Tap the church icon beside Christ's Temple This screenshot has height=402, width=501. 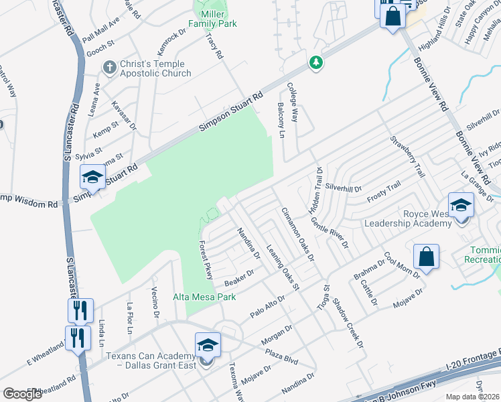(x=109, y=67)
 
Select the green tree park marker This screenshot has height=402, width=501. (x=315, y=62)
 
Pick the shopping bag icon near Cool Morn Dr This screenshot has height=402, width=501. (x=426, y=256)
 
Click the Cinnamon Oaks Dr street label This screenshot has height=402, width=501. (x=297, y=234)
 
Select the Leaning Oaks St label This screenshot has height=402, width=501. (x=282, y=267)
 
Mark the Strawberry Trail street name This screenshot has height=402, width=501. (x=407, y=157)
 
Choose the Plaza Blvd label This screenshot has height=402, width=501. (x=281, y=352)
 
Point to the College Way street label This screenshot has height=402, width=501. (x=293, y=102)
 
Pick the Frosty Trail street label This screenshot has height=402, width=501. (x=384, y=191)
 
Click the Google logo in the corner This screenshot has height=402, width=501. (x=23, y=394)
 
